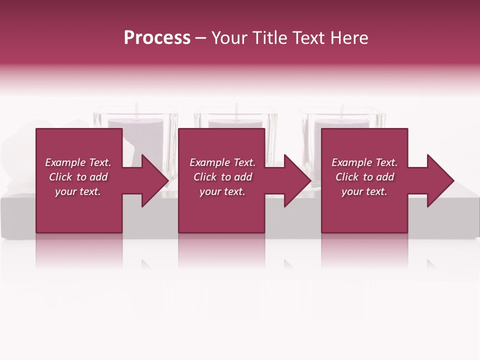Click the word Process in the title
pos(157,38)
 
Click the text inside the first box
pos(78,177)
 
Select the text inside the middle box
pos(222,177)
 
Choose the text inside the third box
pos(364,177)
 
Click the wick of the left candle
pos(136,109)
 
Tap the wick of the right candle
pos(342,110)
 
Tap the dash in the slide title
pos(201,38)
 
